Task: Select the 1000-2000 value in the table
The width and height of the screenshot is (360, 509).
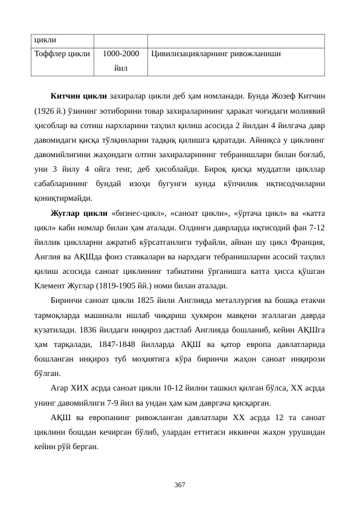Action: point(121,54)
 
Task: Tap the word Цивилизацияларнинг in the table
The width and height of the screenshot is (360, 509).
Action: point(190,54)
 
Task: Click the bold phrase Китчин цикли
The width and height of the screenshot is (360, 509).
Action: point(79,96)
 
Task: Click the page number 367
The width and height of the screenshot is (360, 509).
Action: point(179,485)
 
